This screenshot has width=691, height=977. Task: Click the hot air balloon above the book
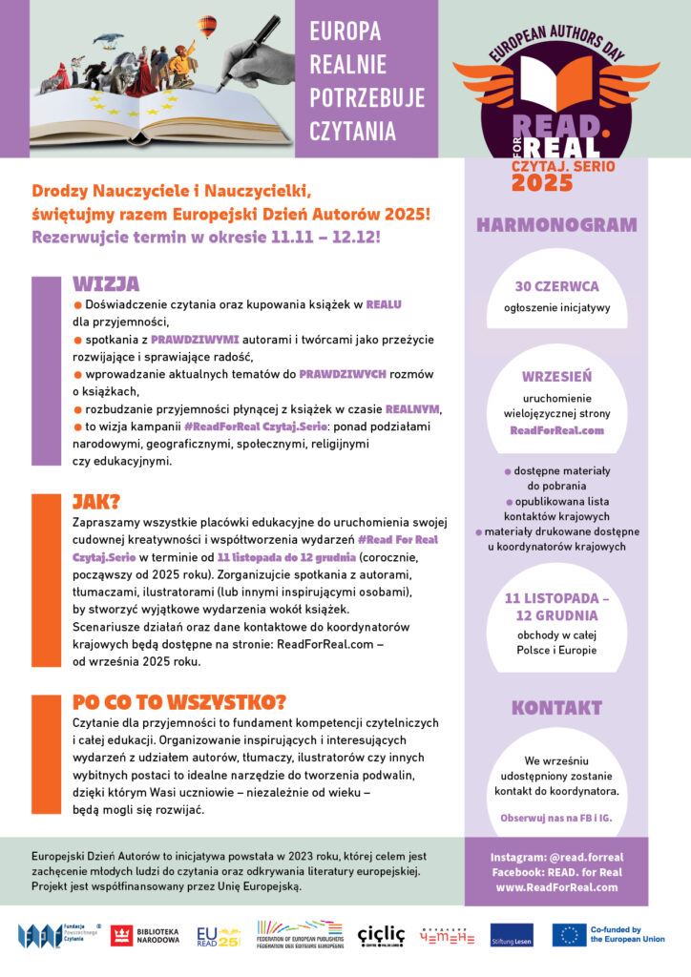click(x=206, y=27)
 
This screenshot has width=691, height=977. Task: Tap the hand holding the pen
click(x=260, y=54)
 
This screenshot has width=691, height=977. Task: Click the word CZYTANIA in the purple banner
click(x=352, y=131)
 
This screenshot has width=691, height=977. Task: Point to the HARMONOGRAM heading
click(x=556, y=226)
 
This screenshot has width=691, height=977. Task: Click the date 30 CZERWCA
click(x=556, y=286)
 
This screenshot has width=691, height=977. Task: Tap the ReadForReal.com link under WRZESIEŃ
click(x=556, y=430)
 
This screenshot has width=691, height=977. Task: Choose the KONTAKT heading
click(x=556, y=708)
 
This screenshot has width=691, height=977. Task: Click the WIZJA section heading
click(x=106, y=284)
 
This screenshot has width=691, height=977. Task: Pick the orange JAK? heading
click(x=96, y=503)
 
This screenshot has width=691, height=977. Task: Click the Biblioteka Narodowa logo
click(x=144, y=935)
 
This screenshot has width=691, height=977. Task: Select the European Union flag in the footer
click(x=569, y=935)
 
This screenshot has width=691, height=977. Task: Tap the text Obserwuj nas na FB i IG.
click(x=556, y=819)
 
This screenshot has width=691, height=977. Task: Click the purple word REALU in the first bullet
click(x=383, y=304)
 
